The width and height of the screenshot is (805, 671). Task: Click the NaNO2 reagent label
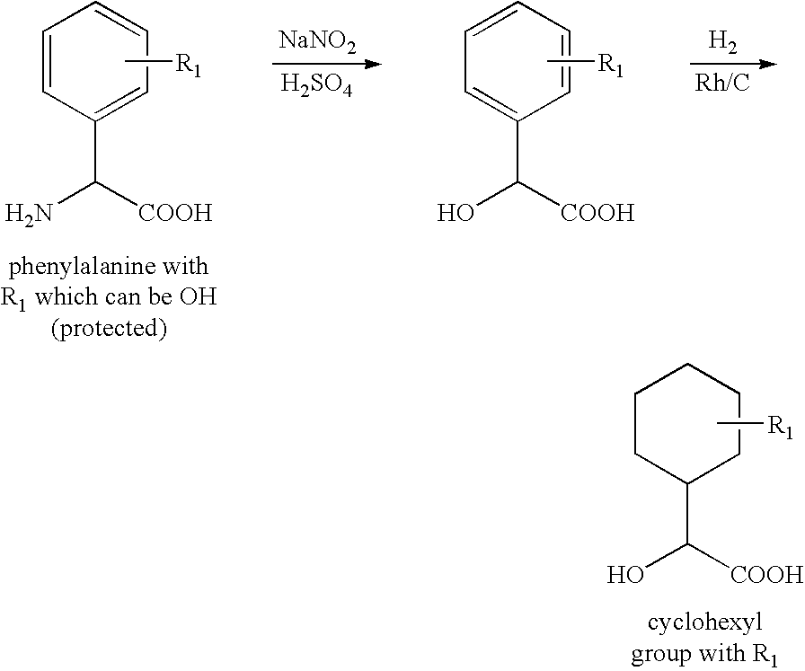317,41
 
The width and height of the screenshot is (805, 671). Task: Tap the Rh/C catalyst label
723,82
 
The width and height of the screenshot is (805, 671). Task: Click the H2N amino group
29,214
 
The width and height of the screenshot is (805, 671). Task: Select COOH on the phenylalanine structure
175,213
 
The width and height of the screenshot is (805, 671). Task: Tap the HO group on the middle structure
456,213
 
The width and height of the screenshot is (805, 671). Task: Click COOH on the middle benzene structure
597,213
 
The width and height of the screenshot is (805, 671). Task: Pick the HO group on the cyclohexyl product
625,574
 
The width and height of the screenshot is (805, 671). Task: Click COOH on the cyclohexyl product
767,574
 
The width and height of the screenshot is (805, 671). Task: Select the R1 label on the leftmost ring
189,66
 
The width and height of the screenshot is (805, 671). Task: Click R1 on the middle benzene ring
611,66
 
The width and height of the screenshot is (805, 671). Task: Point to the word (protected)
109,329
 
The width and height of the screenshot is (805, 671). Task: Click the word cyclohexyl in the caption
705,623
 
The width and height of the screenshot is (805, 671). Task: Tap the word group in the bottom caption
659,655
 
